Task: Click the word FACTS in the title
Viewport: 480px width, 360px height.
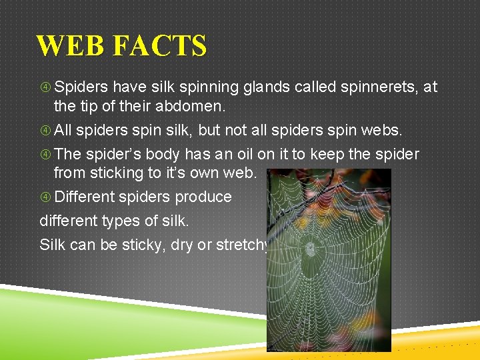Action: [160, 47]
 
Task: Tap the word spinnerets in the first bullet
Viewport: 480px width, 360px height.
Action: [380, 87]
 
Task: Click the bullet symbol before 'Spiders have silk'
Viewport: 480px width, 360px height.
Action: [45, 87]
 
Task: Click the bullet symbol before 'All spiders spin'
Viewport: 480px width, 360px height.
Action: [45, 131]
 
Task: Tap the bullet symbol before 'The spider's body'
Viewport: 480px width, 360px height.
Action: [45, 155]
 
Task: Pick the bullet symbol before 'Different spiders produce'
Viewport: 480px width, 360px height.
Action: [45, 197]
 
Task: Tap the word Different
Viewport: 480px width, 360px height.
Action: [85, 197]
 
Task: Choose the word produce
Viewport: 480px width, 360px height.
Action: [203, 197]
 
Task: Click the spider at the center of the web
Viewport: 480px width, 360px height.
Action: [310, 249]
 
